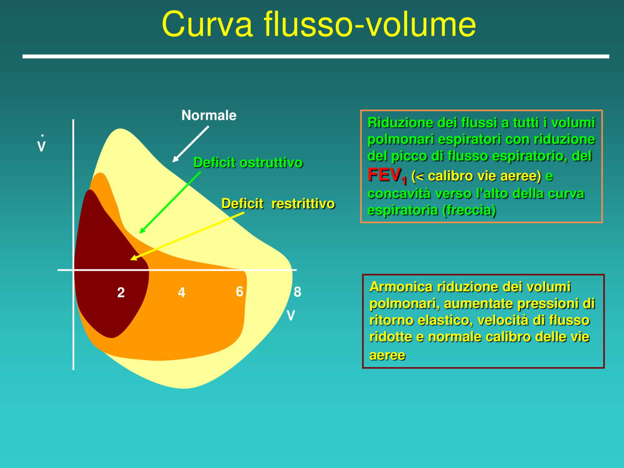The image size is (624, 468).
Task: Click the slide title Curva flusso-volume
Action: [x=318, y=24]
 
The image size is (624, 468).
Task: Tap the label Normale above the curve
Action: [x=209, y=115]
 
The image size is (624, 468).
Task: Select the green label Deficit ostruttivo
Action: [x=248, y=162]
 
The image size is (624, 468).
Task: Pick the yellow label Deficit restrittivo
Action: [x=278, y=204]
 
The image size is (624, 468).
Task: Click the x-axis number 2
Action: [x=121, y=292]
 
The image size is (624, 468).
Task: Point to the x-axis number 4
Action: [x=181, y=292]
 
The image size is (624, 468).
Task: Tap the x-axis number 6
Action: [x=240, y=292]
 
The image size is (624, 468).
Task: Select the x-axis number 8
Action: [x=297, y=292]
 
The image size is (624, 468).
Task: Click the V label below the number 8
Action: [x=291, y=315]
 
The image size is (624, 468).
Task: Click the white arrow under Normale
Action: [x=190, y=144]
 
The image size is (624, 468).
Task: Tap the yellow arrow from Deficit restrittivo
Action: [x=187, y=236]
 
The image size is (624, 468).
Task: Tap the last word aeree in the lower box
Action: [x=387, y=355]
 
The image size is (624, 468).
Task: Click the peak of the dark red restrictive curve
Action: [x=89, y=192]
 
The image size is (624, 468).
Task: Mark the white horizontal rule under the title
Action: [x=315, y=57]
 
